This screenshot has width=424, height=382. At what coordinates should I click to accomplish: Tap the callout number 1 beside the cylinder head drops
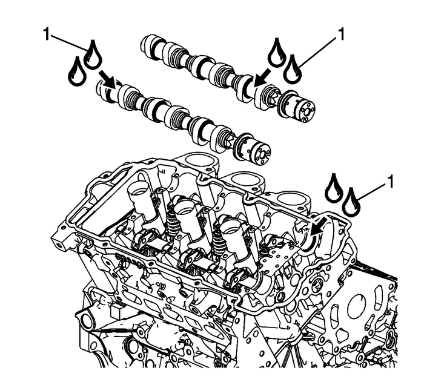[392, 181]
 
